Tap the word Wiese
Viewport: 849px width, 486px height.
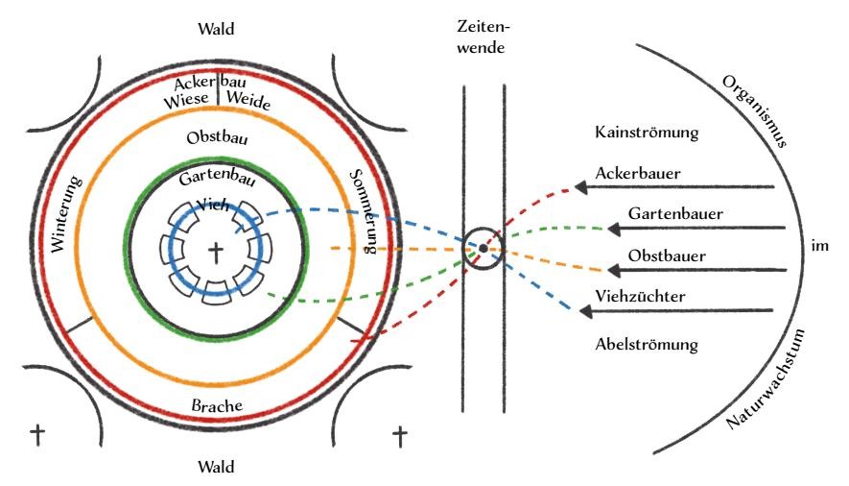(188, 100)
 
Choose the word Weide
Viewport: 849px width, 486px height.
(248, 100)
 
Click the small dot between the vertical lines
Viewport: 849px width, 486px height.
(483, 249)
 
